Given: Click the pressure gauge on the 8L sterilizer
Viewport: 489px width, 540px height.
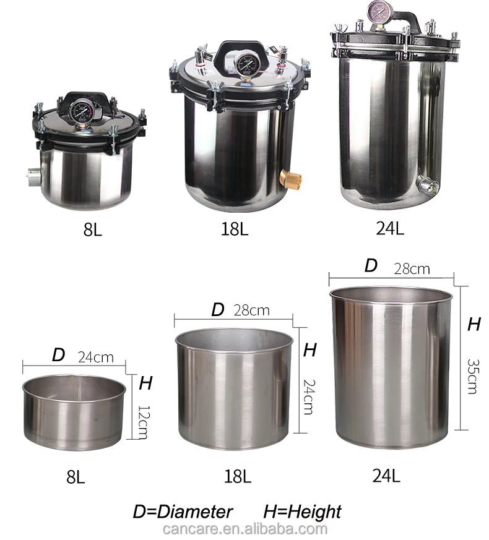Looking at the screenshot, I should tap(82, 110).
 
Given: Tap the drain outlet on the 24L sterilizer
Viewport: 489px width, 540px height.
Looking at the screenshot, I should tap(426, 184).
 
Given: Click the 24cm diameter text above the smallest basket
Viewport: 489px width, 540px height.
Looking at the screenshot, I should tap(96, 357).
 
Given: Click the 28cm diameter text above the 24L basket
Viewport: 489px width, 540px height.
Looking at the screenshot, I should tap(412, 268).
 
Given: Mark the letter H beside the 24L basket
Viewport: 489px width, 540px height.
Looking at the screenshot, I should tap(474, 324).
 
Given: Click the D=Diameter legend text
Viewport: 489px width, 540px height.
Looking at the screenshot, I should tap(183, 512).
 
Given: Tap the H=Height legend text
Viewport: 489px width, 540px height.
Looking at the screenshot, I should tap(302, 512).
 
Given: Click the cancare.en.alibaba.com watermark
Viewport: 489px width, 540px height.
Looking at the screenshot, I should tap(244, 529).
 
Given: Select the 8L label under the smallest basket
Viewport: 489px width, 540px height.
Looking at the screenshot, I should tap(75, 476).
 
